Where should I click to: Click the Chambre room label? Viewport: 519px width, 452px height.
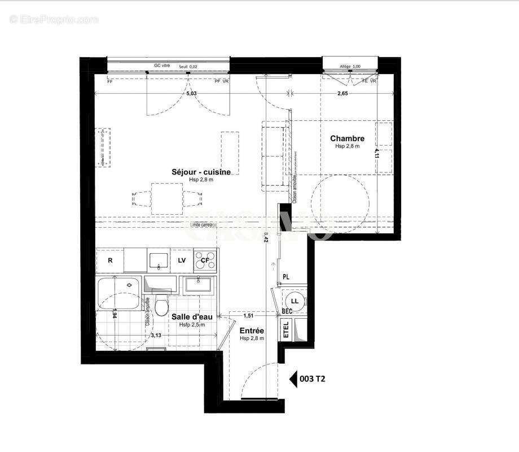pyautogui.click(x=347, y=138)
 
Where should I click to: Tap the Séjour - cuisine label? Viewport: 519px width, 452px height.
pyautogui.click(x=201, y=172)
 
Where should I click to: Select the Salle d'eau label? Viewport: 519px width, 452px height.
pyautogui.click(x=192, y=317)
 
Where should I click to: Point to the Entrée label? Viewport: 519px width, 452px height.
pyautogui.click(x=251, y=331)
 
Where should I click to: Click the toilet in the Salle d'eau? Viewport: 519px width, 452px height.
pyautogui.click(x=162, y=306)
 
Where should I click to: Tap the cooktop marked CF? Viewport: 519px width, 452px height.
pyautogui.click(x=205, y=260)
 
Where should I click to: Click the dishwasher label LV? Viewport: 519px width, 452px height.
pyautogui.click(x=182, y=260)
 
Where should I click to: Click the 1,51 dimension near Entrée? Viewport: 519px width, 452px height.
pyautogui.click(x=248, y=316)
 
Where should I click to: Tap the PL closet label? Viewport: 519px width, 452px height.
pyautogui.click(x=286, y=276)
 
